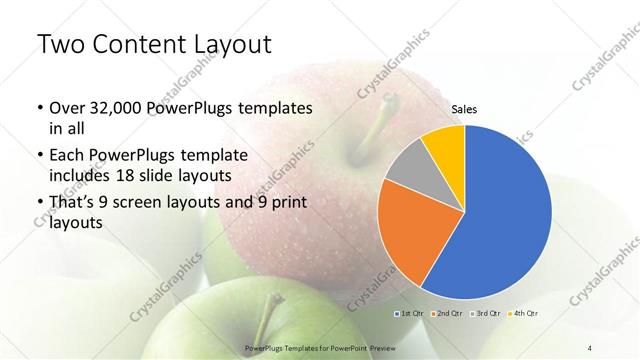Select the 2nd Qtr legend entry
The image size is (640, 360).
coord(449,313)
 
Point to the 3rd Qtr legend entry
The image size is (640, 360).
coord(487,313)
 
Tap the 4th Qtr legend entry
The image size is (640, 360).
coord(525,313)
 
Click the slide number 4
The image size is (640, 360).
coord(590,347)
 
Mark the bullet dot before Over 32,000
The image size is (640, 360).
coord(39,108)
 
